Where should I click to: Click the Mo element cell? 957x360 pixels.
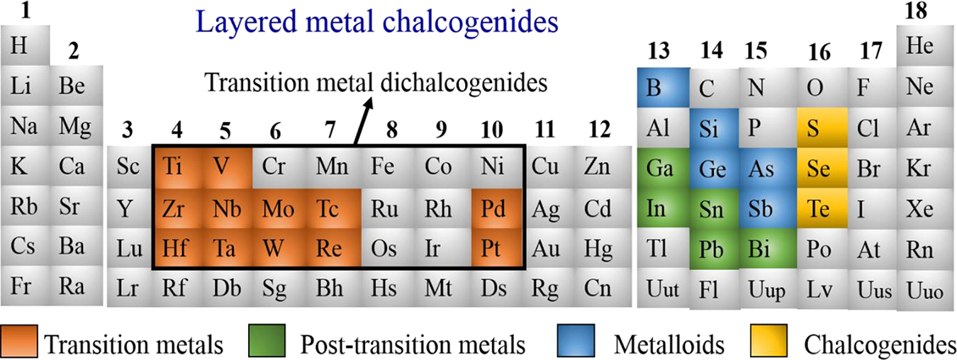click(x=275, y=210)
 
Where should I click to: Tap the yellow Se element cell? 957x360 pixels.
click(x=821, y=169)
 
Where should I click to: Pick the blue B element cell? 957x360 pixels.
click(x=661, y=88)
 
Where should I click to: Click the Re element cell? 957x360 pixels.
click(x=329, y=249)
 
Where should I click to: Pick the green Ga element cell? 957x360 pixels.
click(x=661, y=169)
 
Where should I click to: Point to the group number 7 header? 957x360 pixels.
click(x=329, y=130)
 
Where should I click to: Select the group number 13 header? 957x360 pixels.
click(x=661, y=52)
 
